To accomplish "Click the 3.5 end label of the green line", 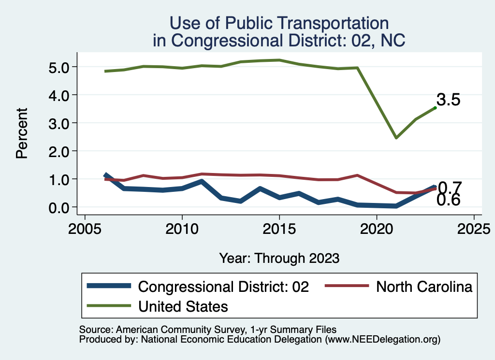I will click(x=448, y=100).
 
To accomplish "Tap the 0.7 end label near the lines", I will click(x=450, y=187).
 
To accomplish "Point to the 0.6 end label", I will click(x=448, y=200).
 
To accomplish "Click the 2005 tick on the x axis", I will click(x=85, y=227).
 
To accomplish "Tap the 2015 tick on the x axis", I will click(x=279, y=227).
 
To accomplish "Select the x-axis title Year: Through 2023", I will click(x=279, y=258).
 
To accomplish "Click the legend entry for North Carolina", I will click(x=424, y=287).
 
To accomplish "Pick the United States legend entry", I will click(x=183, y=306).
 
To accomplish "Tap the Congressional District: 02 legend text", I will click(x=223, y=287).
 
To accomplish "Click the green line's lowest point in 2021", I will click(x=396, y=138).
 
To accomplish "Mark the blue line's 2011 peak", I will click(x=202, y=182).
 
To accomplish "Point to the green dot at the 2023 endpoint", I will click(x=435, y=108).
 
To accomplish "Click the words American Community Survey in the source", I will click(x=164, y=330).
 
